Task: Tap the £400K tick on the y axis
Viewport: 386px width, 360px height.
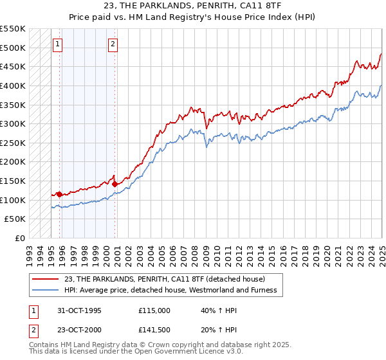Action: [x=14, y=85]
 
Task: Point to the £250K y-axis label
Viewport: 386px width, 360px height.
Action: [x=14, y=143]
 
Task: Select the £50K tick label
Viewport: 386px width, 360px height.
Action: [x=16, y=219]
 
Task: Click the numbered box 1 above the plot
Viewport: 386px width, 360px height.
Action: [x=58, y=44]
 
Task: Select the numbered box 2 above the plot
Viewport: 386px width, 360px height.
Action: [x=113, y=44]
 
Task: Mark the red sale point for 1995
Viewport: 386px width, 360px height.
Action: [x=59, y=194]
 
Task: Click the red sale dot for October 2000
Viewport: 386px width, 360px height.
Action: [x=115, y=183]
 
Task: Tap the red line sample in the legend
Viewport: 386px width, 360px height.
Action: [x=45, y=279]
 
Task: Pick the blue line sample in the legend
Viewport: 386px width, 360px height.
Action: [x=45, y=290]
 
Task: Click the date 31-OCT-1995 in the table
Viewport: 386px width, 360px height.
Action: [x=80, y=310]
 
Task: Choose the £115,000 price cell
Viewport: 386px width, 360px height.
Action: [x=154, y=310]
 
